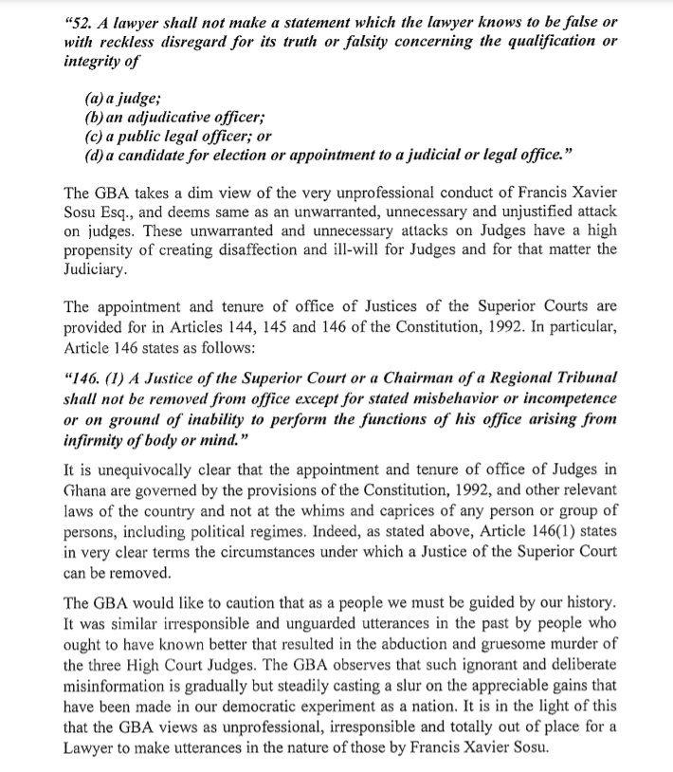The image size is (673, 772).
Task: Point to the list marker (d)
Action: (x=95, y=154)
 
